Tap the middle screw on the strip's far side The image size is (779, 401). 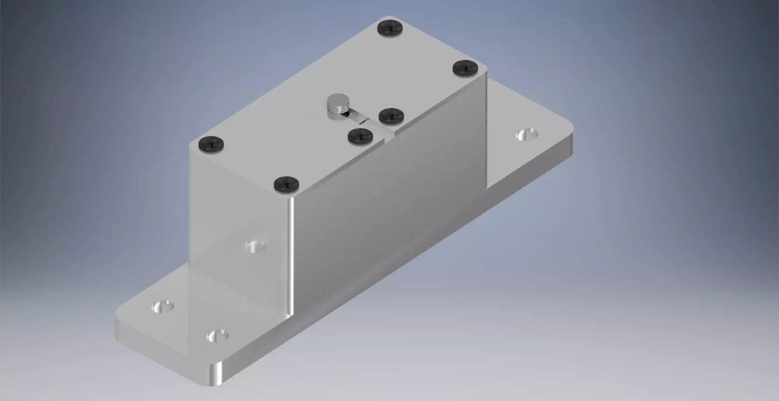pyautogui.click(x=390, y=116)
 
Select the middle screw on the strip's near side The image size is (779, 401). pyautogui.click(x=361, y=136)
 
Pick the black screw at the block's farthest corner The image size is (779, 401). pyautogui.click(x=390, y=28)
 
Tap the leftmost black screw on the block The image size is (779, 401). pyautogui.click(x=211, y=144)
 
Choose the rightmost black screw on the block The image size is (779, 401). pyautogui.click(x=466, y=68)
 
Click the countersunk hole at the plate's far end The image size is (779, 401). pyautogui.click(x=527, y=135)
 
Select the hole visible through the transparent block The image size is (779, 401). pyautogui.click(x=254, y=246)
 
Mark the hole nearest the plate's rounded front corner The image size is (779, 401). pyautogui.click(x=218, y=335)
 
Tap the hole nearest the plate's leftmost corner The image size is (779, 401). pyautogui.click(x=163, y=306)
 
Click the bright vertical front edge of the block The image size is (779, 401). pyautogui.click(x=290, y=256)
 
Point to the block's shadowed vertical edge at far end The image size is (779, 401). pyautogui.click(x=486, y=131)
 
